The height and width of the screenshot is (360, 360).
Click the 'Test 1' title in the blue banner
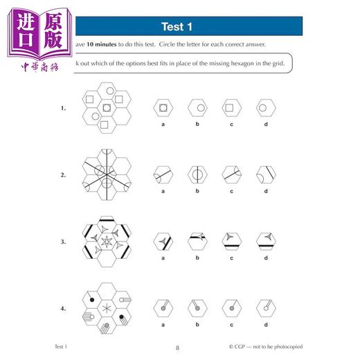coord(177,28)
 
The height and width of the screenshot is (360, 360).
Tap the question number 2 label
coord(64,174)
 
